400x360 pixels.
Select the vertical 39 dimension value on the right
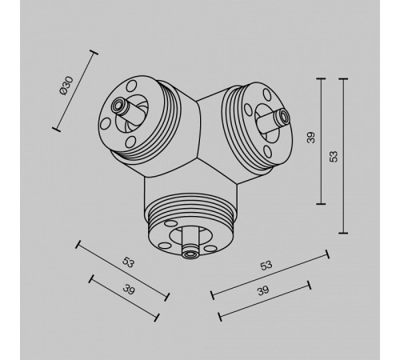pos(311,138)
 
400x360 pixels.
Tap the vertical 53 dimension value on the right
pos(334,157)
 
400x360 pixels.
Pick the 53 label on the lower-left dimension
pos(128,262)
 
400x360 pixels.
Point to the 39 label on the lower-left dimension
pos(129,290)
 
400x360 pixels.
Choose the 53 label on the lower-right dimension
pos(266,266)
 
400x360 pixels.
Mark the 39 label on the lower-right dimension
pos(263,290)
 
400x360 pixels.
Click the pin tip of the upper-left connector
pos(118,106)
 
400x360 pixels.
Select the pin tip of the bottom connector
pos(190,254)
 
